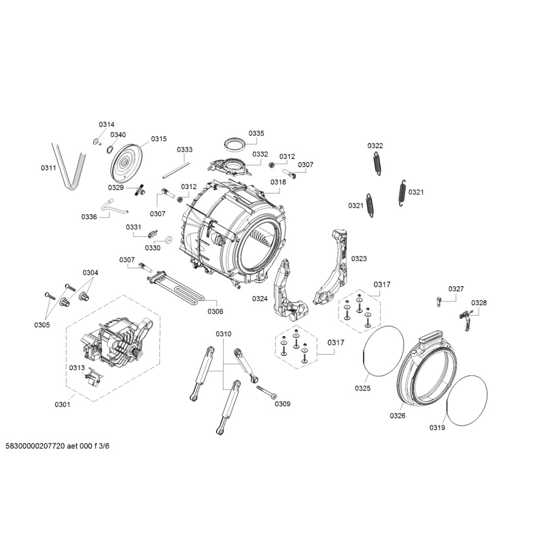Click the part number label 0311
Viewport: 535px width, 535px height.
[x=48, y=168]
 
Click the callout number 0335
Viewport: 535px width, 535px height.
[x=256, y=134]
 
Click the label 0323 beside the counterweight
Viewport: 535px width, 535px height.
[x=359, y=259]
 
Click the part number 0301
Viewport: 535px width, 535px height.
[x=62, y=404]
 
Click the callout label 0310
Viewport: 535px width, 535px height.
[x=224, y=334]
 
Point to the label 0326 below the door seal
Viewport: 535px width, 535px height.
[x=398, y=416]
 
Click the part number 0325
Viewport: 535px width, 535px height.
[x=363, y=388]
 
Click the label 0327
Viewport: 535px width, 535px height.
[x=456, y=289]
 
